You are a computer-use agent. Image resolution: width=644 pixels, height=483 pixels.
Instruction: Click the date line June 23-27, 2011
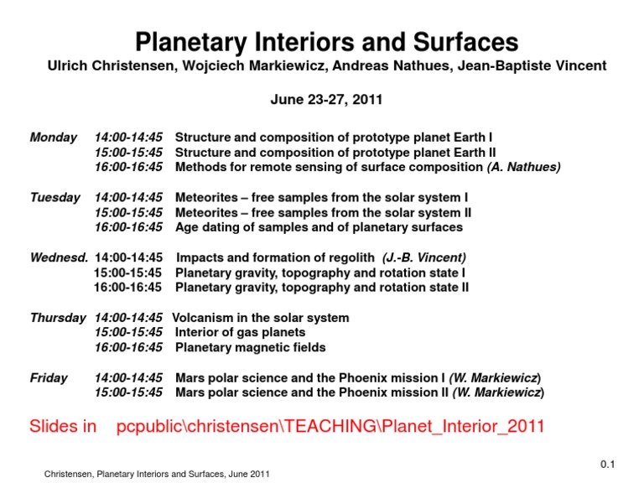(326, 100)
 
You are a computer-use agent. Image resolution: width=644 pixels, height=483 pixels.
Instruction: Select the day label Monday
(54, 137)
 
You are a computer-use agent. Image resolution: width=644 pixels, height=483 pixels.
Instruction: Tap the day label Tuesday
(55, 197)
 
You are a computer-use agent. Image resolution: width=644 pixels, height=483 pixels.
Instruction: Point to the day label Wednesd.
(60, 257)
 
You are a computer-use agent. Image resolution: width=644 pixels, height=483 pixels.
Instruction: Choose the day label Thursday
(58, 318)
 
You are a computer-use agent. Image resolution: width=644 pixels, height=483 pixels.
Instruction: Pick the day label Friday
(49, 378)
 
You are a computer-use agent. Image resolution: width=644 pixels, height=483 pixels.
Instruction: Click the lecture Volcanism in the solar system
(261, 318)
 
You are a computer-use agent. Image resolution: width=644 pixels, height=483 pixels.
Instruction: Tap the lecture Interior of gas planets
(240, 333)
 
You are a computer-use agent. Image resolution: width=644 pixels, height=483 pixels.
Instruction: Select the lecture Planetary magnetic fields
(250, 348)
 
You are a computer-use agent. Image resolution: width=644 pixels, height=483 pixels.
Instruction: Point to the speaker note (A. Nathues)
(524, 167)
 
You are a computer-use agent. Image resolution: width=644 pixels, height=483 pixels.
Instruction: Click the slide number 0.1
(608, 465)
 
